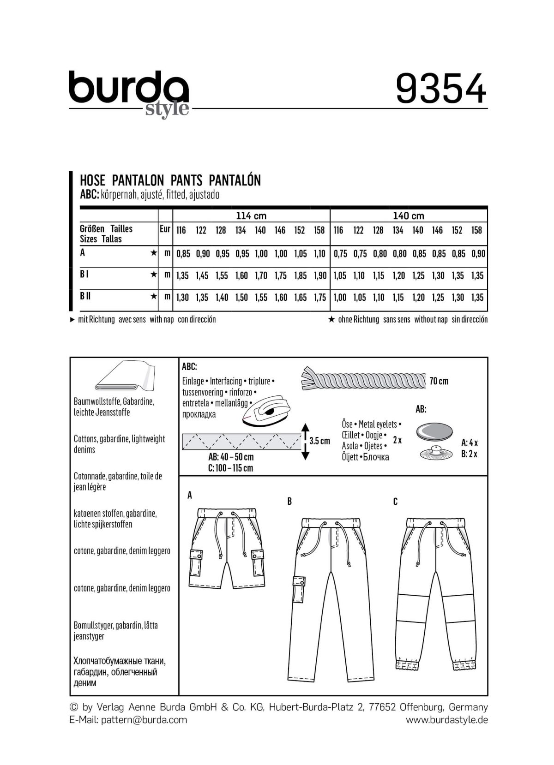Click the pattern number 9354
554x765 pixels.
441,90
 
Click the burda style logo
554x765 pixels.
129,92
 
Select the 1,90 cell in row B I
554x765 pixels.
319,275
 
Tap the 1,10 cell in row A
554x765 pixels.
319,253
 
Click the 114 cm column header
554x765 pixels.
251,215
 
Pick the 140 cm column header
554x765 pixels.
409,215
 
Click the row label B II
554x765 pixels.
85,296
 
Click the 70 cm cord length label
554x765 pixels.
439,381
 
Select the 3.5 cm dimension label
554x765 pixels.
319,441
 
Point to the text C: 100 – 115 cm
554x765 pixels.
230,468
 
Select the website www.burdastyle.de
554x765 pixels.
446,720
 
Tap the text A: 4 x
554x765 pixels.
470,443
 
